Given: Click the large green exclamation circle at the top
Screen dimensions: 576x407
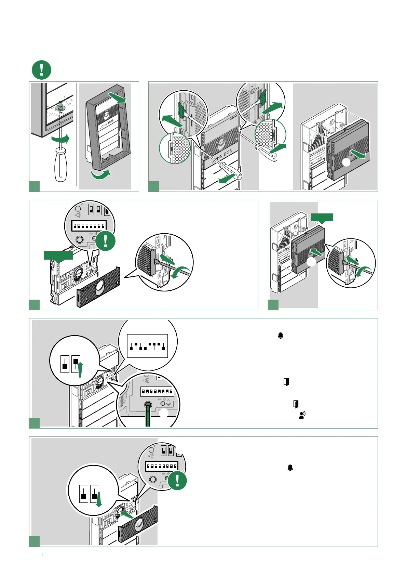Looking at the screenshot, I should (x=41, y=70).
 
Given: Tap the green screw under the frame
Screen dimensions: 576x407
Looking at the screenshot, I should (x=60, y=107).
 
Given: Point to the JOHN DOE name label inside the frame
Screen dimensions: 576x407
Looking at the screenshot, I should (x=107, y=124).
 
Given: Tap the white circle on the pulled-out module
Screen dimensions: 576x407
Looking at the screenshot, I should (x=347, y=163).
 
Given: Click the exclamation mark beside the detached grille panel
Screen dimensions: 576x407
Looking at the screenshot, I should (x=105, y=241).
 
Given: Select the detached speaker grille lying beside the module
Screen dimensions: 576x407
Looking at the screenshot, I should (x=99, y=287).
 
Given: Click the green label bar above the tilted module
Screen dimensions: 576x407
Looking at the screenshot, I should (x=58, y=255).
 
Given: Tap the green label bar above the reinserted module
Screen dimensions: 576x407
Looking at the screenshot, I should (x=322, y=217).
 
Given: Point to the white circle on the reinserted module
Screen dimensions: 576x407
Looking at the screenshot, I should (x=311, y=262).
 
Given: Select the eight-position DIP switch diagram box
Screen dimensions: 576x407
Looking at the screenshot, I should (x=147, y=346).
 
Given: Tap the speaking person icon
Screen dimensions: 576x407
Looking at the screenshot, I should (x=302, y=415).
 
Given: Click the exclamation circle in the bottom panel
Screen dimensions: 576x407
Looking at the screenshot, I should (x=177, y=480).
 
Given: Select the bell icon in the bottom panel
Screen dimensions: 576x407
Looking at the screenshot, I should (x=290, y=468).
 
